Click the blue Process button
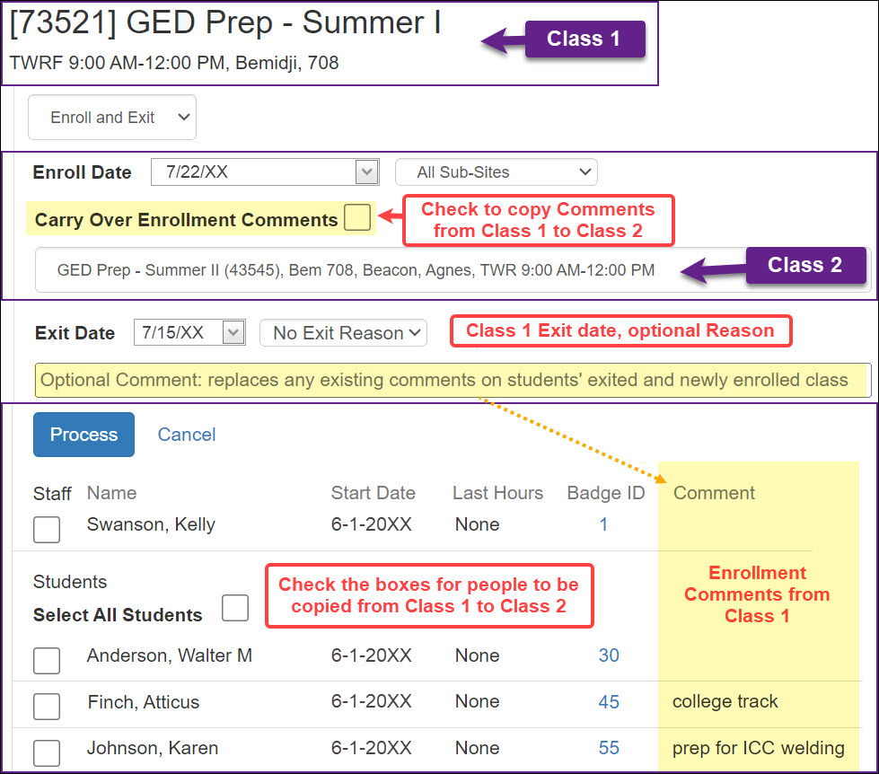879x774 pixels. [84, 435]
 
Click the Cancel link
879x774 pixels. [187, 435]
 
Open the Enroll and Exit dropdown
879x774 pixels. [112, 117]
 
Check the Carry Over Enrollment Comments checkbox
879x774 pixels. [357, 217]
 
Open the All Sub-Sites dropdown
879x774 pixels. [497, 172]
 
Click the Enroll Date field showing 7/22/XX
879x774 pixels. [265, 172]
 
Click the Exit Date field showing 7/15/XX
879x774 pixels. [189, 332]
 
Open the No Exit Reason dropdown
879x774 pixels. [343, 333]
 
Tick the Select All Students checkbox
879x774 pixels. [235, 608]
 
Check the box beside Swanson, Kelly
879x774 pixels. [47, 529]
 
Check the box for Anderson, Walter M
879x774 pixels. [47, 660]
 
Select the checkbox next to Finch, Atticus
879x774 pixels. [47, 706]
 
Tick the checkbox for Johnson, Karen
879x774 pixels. [47, 752]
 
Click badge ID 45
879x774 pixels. [609, 701]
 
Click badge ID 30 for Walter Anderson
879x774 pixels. [609, 655]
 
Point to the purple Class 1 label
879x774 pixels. [585, 39]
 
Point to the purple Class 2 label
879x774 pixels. [805, 265]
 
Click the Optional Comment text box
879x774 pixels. [453, 380]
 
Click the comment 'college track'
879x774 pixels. [725, 701]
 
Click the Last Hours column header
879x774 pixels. [497, 493]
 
